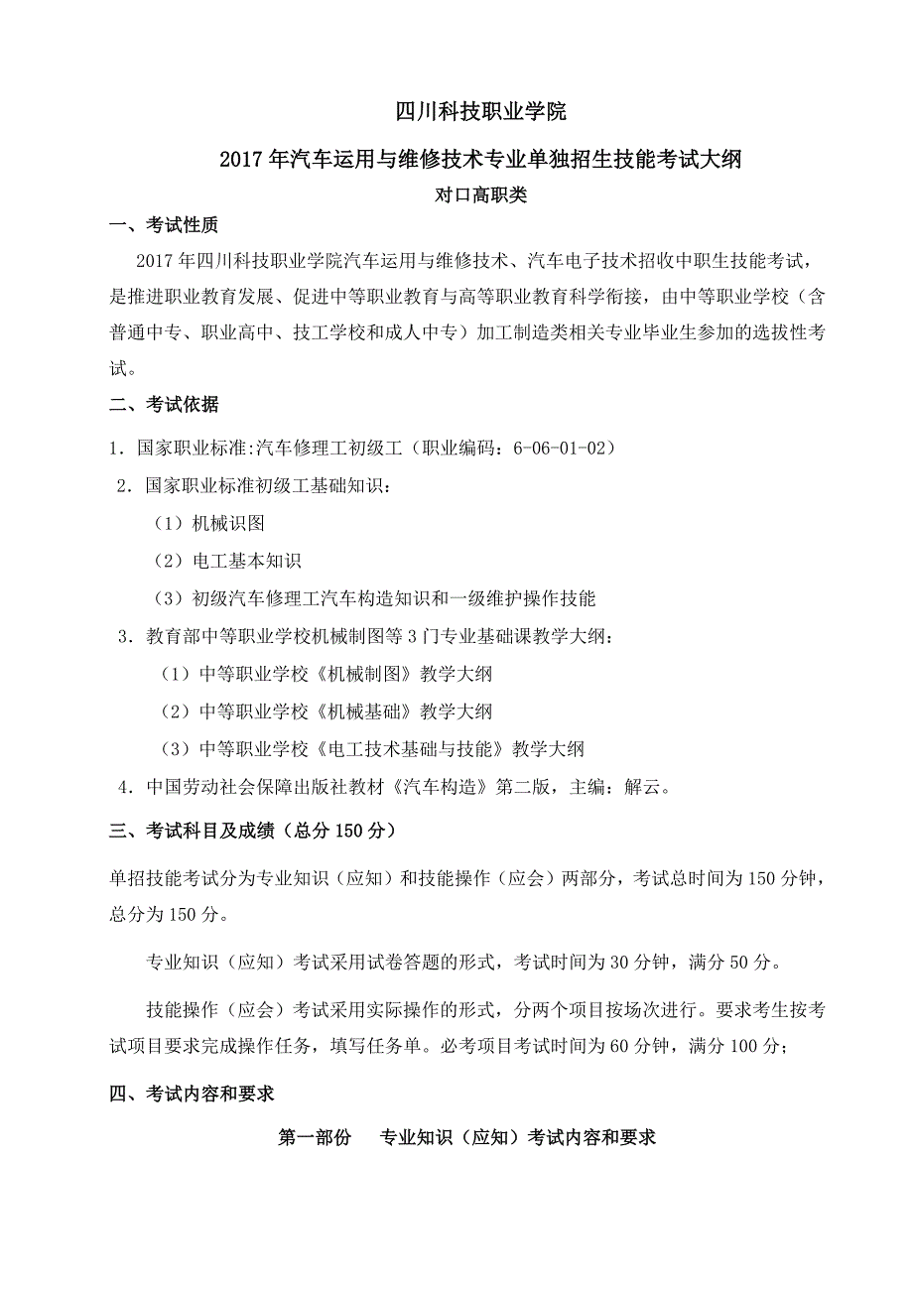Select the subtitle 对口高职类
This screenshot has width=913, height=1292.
tap(481, 195)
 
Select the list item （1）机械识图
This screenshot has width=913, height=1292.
tap(208, 523)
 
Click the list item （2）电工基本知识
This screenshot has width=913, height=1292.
tap(226, 561)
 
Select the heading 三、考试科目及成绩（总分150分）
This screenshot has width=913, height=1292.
tap(253, 831)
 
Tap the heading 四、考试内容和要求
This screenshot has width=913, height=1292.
tap(192, 1095)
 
